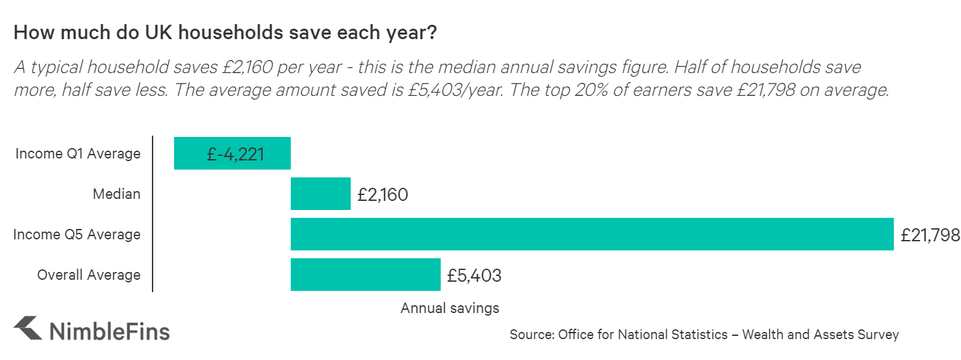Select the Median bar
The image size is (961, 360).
[x=320, y=194]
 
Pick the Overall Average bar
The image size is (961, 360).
[x=365, y=275]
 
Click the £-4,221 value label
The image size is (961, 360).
[x=235, y=154]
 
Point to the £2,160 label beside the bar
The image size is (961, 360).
[x=383, y=194]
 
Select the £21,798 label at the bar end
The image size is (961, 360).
[x=930, y=235]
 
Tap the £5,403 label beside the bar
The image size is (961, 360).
[x=474, y=275]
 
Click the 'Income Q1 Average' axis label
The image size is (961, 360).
[x=78, y=154]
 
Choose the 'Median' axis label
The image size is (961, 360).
[x=116, y=194]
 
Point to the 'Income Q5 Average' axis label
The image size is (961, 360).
[x=77, y=235]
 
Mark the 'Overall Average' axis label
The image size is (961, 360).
[x=89, y=275]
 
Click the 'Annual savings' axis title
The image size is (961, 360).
[x=450, y=308]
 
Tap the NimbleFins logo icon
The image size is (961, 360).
[x=28, y=329]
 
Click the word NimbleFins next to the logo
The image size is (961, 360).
[x=110, y=331]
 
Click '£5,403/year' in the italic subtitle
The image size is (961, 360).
[x=453, y=89]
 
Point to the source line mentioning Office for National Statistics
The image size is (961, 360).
[x=704, y=335]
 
